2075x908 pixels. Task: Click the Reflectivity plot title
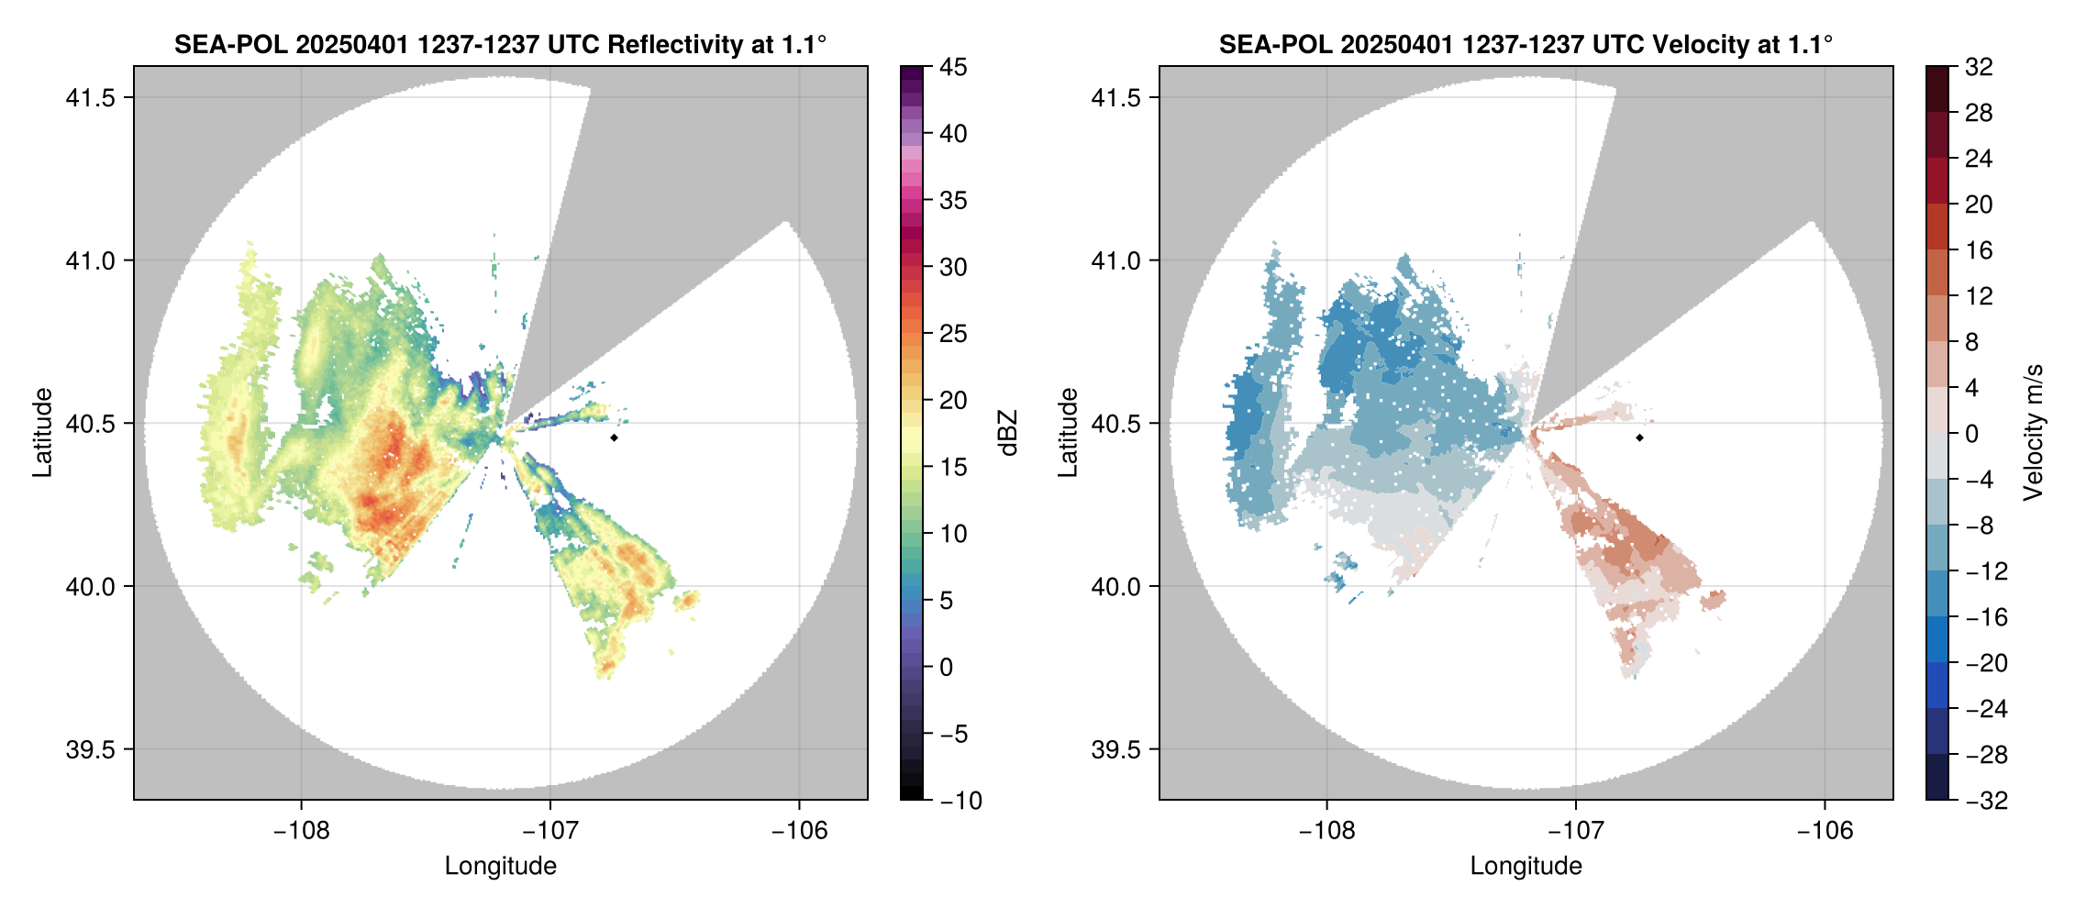500,44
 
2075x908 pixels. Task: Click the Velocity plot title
1526,44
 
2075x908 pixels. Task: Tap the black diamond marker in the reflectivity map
614,437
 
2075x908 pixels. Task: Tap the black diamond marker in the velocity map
1639,437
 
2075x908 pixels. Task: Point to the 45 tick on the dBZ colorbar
953,67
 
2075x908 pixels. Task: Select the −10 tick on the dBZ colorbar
960,801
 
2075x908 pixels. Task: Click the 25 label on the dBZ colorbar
953,334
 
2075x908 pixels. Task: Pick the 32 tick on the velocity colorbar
1979,67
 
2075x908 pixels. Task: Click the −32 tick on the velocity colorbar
1986,801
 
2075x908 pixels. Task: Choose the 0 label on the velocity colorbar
1971,434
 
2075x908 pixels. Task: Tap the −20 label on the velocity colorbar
1986,663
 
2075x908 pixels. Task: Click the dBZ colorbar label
1008,433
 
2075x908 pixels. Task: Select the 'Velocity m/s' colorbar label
2034,433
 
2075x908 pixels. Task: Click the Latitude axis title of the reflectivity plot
42,433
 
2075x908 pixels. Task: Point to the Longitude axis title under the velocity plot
1526,866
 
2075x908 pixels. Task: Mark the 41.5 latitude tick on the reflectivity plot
91,98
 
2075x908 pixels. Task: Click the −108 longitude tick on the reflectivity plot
301,831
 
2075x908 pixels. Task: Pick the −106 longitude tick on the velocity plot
1824,831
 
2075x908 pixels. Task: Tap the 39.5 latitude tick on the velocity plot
1116,749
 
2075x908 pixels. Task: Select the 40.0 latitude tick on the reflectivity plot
91,587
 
